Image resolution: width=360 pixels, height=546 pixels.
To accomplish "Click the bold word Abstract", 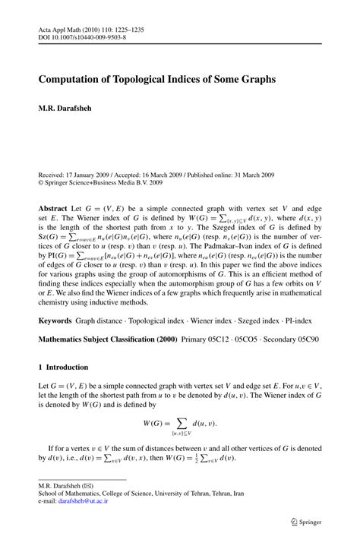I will pos(55,207).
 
